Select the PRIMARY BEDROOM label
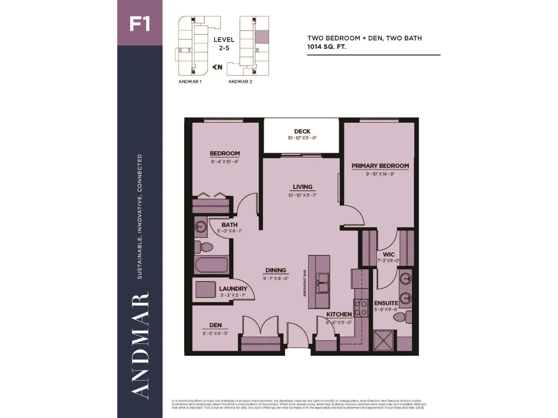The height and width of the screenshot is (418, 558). pyautogui.click(x=380, y=166)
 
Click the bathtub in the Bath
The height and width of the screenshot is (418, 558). pyautogui.click(x=211, y=265)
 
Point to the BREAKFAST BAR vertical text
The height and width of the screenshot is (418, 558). pyautogui.click(x=305, y=283)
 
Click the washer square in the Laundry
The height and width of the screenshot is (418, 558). pyautogui.click(x=205, y=290)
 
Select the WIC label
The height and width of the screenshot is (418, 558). pyautogui.click(x=388, y=254)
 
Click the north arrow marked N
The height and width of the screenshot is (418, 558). pyautogui.click(x=217, y=67)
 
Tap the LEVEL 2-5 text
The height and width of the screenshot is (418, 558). pyautogui.click(x=224, y=44)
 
